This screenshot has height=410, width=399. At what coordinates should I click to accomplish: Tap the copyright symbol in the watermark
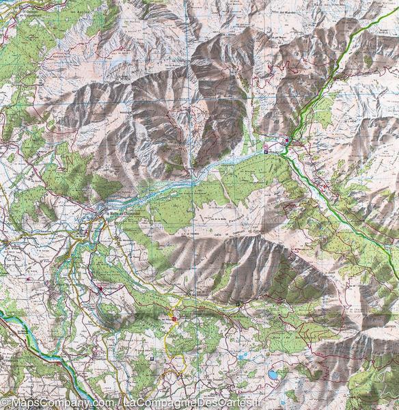coord(5,404)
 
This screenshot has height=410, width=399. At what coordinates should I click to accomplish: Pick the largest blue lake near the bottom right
coord(273,374)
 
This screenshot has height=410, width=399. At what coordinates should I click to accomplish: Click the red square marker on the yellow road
coord(174,318)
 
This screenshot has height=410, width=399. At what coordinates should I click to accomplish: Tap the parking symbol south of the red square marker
coord(151,358)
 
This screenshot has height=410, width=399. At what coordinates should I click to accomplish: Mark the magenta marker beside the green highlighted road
coord(288,141)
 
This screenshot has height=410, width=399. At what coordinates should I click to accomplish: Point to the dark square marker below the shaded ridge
coord(237,302)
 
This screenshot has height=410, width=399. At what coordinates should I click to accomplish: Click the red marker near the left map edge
coord(27,279)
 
